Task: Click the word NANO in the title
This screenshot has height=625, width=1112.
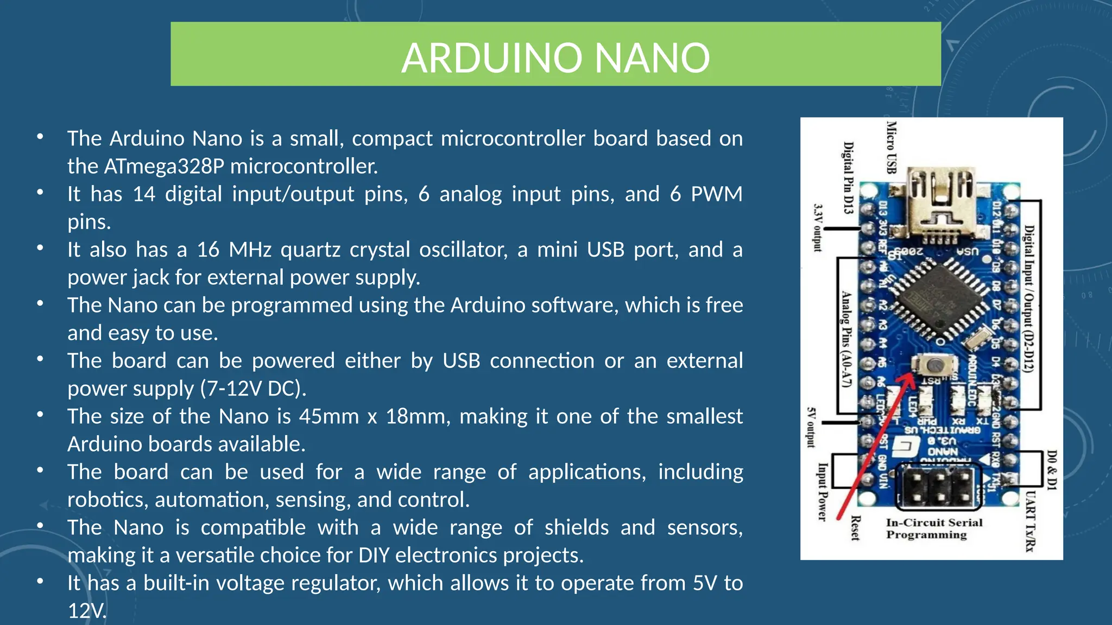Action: pyautogui.click(x=652, y=58)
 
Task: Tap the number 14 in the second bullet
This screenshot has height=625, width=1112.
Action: pyautogui.click(x=144, y=194)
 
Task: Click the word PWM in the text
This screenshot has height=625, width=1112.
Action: pyautogui.click(x=716, y=194)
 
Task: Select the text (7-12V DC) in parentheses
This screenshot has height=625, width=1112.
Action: pyautogui.click(x=253, y=389)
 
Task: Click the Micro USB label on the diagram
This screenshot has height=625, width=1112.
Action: pyautogui.click(x=891, y=147)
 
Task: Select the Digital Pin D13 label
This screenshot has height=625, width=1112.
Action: pyautogui.click(x=848, y=177)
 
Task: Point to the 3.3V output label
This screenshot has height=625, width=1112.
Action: pyautogui.click(x=818, y=227)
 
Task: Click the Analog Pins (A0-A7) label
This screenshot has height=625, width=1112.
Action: pyautogui.click(x=846, y=339)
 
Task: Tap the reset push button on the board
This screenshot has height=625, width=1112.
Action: pyautogui.click(x=933, y=365)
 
